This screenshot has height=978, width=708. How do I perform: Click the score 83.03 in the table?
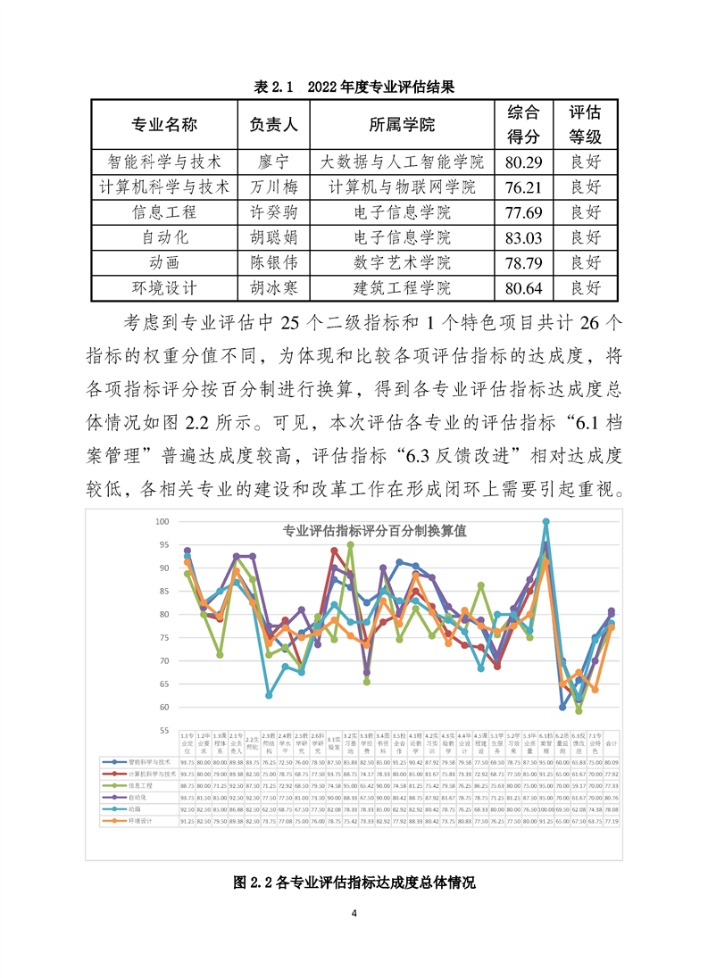(x=523, y=237)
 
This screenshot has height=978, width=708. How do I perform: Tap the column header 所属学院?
(x=402, y=124)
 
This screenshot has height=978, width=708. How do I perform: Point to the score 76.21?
(x=523, y=187)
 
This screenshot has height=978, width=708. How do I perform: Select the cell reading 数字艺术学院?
(x=402, y=262)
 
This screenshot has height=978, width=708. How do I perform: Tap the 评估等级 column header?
(x=586, y=124)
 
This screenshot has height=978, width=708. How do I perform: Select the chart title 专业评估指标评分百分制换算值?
(x=374, y=530)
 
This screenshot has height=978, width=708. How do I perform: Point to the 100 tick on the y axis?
(x=162, y=521)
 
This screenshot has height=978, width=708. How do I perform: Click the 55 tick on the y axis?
(x=162, y=730)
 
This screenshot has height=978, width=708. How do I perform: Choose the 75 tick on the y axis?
(x=162, y=637)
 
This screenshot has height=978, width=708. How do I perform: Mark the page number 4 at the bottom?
(x=354, y=913)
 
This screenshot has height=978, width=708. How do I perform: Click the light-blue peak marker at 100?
(x=546, y=521)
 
